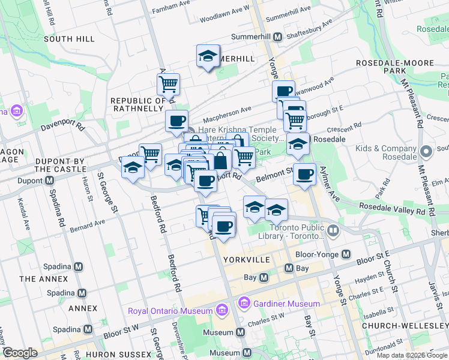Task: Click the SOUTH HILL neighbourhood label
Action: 69,38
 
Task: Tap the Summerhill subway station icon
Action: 278,37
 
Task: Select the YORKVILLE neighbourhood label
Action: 246,260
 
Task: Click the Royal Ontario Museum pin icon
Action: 221,310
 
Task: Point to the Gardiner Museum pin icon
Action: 244,304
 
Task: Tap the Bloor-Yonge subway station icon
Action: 346,254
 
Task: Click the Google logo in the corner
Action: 20,353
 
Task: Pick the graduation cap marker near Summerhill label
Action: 208,56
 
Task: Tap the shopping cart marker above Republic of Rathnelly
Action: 169,83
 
